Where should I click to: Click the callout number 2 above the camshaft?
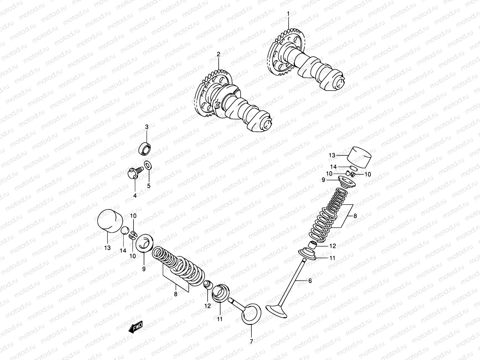[x=218, y=54]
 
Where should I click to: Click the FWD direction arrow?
[x=135, y=327]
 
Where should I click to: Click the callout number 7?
[x=251, y=341]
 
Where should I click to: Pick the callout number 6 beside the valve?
[x=310, y=281]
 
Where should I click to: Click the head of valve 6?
[x=277, y=310]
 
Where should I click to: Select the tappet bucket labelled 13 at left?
[x=110, y=221]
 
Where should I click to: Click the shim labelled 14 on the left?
[x=125, y=232]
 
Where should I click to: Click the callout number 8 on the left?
[x=175, y=294]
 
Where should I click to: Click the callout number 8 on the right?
[x=355, y=215]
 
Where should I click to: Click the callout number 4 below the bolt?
[x=135, y=196]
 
